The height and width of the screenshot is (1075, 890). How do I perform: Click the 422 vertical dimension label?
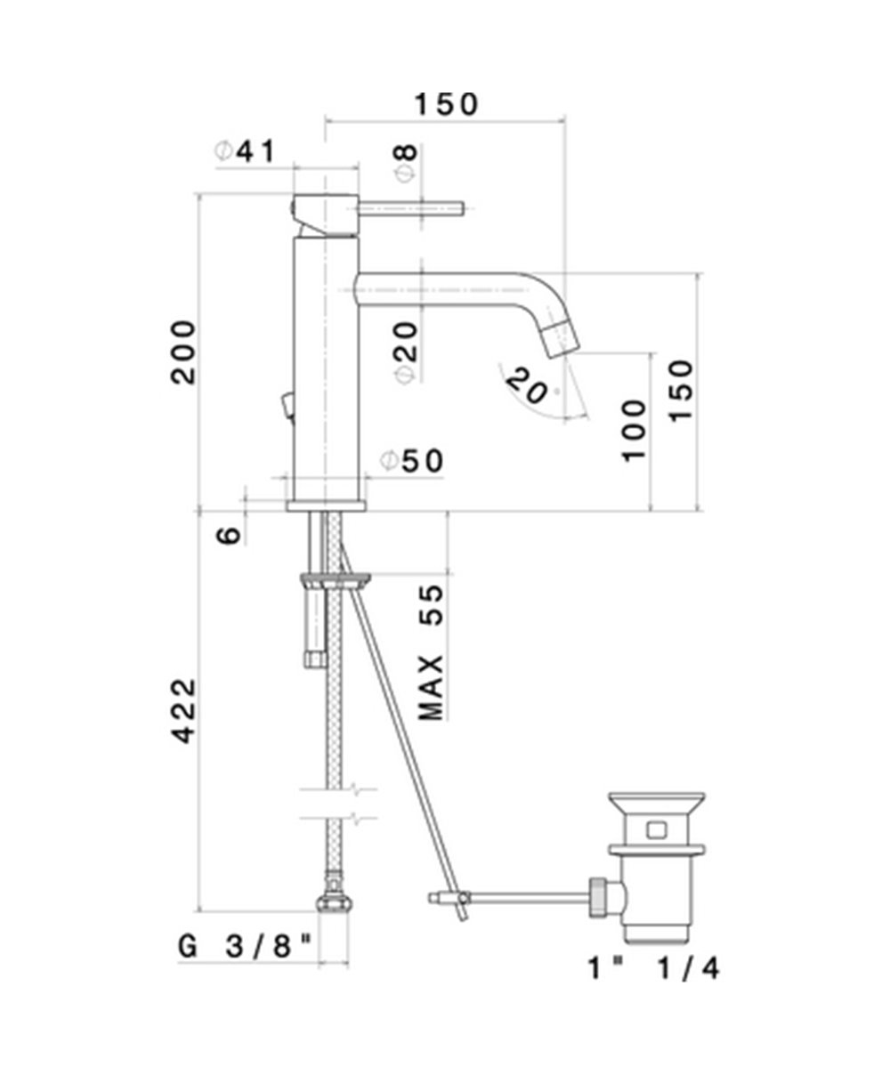point(183,711)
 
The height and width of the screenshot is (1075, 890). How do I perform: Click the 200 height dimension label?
point(183,352)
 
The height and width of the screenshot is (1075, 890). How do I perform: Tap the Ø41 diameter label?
point(246,152)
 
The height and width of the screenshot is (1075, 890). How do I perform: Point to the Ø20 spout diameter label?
point(405,352)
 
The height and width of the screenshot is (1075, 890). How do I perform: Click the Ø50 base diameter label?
point(411,461)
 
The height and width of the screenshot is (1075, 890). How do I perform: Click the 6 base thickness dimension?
point(229,535)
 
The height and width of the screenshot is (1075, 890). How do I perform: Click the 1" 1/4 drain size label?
point(653,967)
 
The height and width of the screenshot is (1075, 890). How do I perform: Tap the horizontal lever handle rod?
point(411,208)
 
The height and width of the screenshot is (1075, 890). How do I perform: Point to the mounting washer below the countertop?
point(336,582)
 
